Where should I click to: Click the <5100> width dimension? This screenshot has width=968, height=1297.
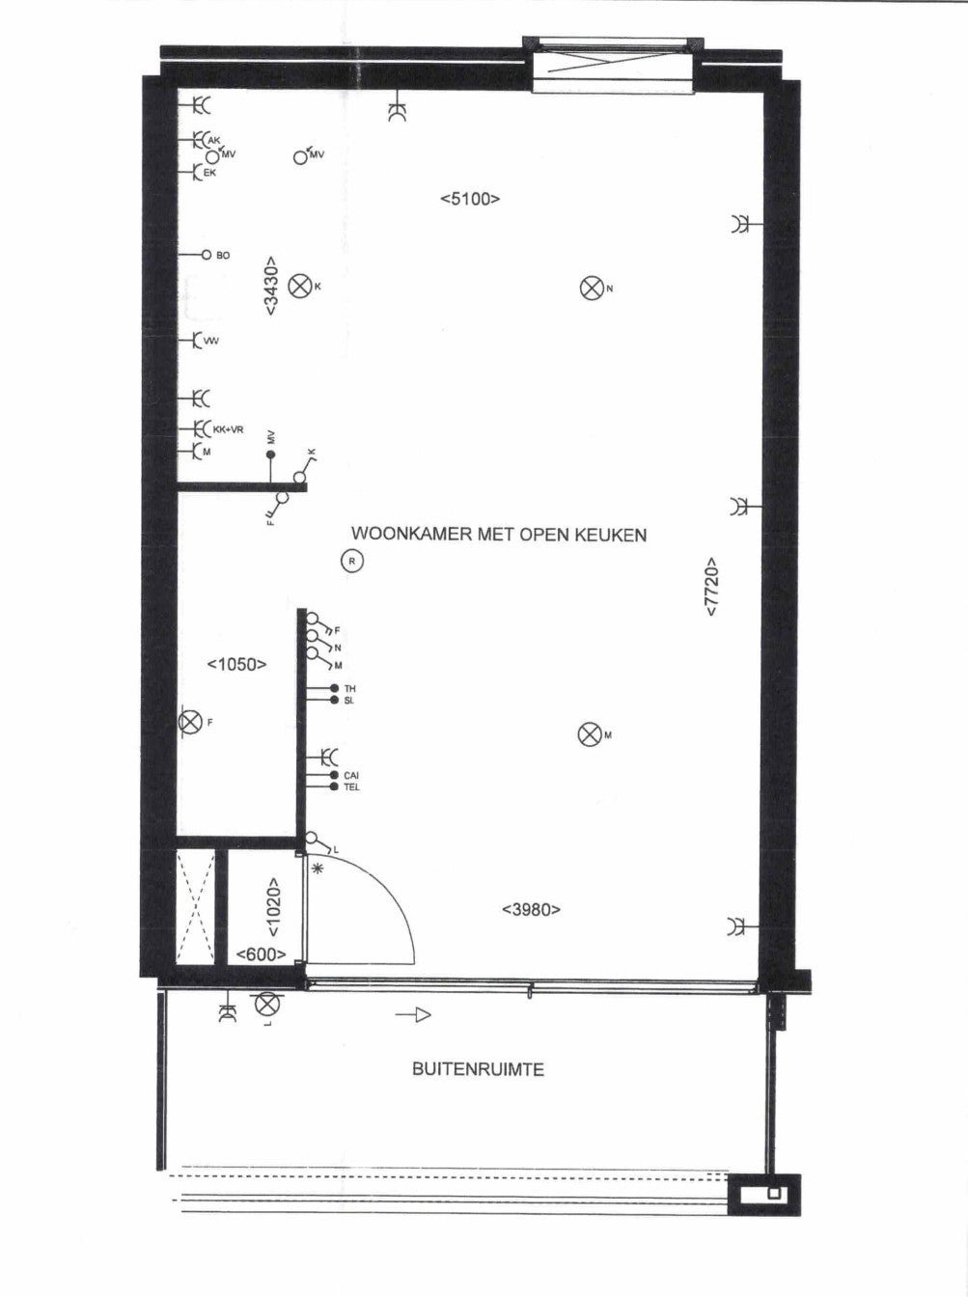(x=470, y=199)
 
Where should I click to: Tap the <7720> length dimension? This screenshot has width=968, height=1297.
(x=712, y=587)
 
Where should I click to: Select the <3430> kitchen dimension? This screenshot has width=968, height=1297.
(x=270, y=286)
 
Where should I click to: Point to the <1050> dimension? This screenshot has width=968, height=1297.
(x=236, y=665)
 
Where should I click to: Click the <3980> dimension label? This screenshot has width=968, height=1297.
(x=531, y=909)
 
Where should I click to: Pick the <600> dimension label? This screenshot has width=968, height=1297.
(x=261, y=954)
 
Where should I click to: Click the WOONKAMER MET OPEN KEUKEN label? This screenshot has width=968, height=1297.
(x=499, y=535)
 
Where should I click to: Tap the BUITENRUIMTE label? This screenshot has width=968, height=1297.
(x=478, y=1069)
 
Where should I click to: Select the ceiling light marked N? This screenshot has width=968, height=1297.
(x=590, y=289)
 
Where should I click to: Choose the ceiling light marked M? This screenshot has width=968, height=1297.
(x=589, y=734)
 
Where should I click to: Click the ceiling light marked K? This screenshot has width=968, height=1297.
(x=299, y=287)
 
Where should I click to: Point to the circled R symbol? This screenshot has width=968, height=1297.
(x=351, y=561)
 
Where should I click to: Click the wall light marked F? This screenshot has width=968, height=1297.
(x=190, y=722)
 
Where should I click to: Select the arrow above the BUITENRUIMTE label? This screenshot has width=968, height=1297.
(x=413, y=1015)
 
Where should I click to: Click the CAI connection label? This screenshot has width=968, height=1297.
(x=351, y=775)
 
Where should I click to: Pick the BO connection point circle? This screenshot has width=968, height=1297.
(x=207, y=255)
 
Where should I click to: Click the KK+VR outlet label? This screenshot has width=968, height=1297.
(x=228, y=429)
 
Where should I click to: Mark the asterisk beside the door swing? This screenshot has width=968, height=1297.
(x=318, y=869)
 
